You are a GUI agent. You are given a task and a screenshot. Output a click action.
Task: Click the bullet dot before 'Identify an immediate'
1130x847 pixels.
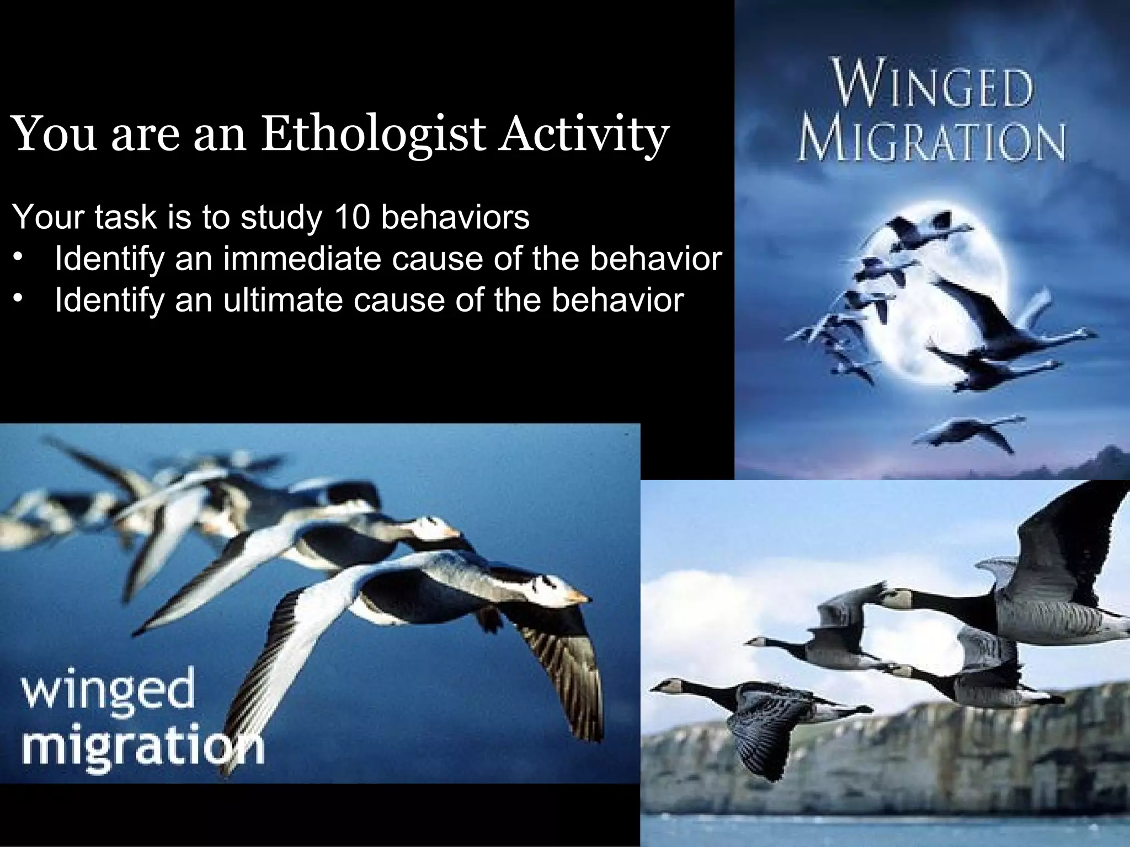(x=20, y=259)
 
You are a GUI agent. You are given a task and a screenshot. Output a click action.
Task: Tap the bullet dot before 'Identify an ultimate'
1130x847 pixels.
(x=20, y=300)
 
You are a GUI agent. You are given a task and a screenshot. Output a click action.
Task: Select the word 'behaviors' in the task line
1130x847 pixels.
(x=455, y=217)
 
